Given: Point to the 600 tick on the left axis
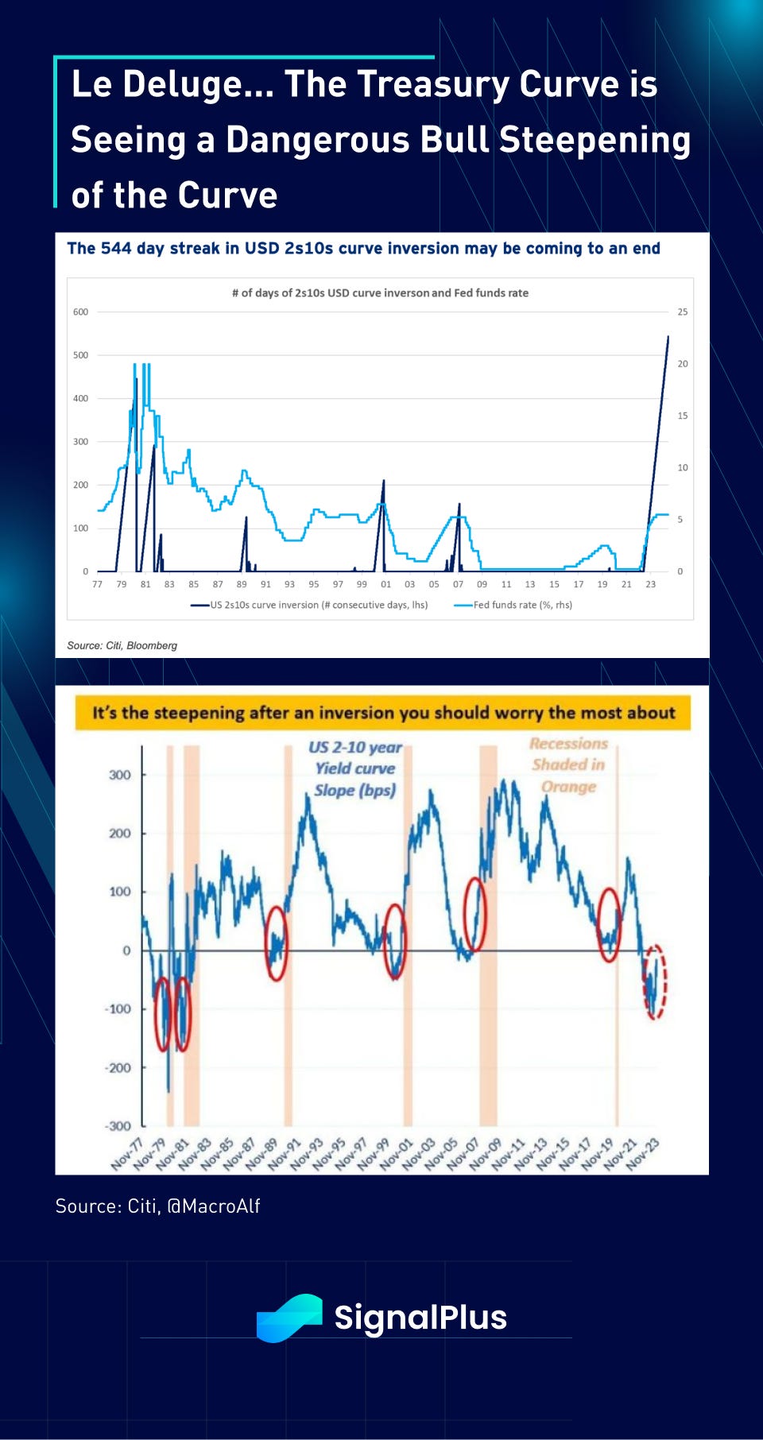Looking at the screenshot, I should pos(81,312).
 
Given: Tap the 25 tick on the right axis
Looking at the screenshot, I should pos(683,312).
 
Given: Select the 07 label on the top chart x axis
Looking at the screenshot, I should pos(458,584).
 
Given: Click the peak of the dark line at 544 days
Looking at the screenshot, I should pos(668,337).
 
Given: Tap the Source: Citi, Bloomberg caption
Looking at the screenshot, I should pos(122,645).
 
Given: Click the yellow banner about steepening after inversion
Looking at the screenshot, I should pos(382,713).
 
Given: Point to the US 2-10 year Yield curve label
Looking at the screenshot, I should pos(355,768).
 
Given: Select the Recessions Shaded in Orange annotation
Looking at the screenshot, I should pos(569,765).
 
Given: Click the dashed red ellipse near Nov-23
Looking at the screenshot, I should pos(655,982).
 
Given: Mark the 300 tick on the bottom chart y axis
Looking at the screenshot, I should pos(120,775).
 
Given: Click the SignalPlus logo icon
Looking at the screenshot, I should pos(289,1318).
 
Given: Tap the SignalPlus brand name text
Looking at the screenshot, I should pos(420,1318).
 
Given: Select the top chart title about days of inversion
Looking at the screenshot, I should pos(380,293).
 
